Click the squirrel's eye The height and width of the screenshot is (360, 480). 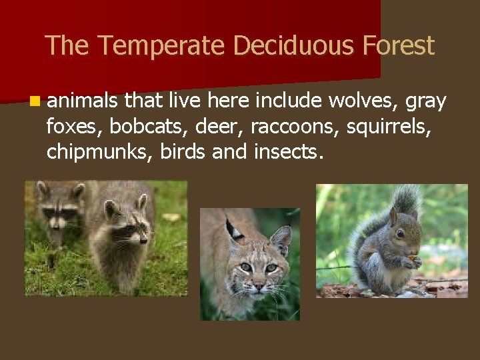tap(399, 233)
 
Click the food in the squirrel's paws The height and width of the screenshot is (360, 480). tap(413, 259)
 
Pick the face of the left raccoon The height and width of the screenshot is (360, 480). tap(59, 213)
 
